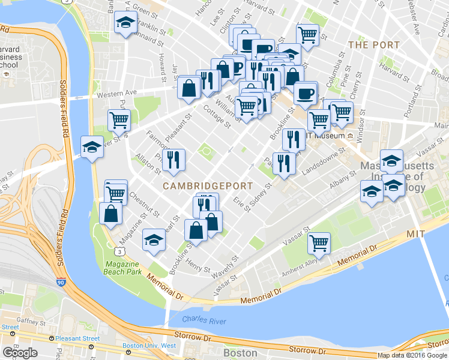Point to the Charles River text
(204, 322)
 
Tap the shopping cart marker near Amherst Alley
(319, 243)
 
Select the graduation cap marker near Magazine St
(154, 240)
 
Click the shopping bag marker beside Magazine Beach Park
(112, 214)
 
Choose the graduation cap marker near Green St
(125, 23)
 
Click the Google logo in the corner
(20, 352)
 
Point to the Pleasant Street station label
(77, 338)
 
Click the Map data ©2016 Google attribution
(412, 355)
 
